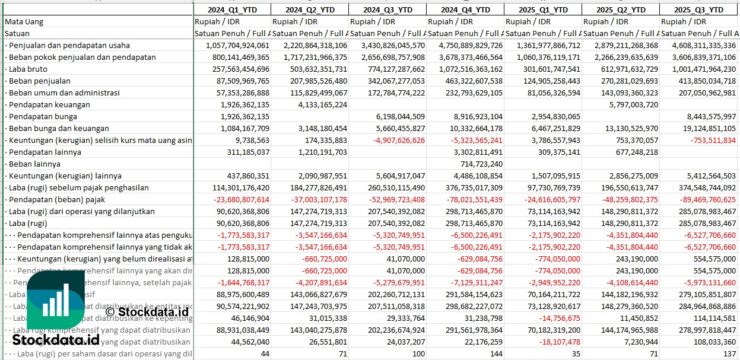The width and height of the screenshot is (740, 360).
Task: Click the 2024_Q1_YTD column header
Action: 232,9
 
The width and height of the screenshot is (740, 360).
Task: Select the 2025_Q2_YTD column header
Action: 621,9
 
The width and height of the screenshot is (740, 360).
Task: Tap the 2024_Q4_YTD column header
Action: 465,9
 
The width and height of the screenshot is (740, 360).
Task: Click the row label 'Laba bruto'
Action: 28,69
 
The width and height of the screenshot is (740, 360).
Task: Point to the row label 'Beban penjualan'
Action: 40,81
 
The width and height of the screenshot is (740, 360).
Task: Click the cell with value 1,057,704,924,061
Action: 237,45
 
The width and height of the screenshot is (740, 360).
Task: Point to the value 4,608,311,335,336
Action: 698,45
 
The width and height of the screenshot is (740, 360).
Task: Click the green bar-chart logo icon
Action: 56,302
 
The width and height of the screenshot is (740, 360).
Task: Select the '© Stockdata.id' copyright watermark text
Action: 147,311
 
